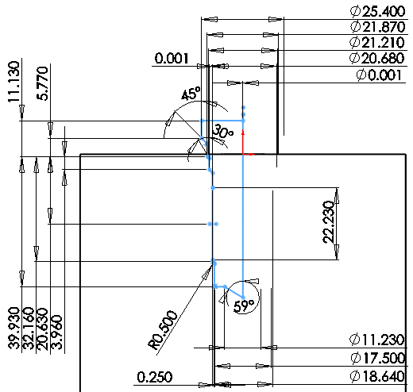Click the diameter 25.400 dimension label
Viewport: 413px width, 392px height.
[378, 11]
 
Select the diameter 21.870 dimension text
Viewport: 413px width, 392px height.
[378, 27]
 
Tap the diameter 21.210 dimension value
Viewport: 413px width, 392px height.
[377, 42]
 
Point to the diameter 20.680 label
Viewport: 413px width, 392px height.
[377, 58]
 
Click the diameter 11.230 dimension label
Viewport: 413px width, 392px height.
[377, 340]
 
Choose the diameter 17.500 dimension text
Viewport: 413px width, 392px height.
[378, 358]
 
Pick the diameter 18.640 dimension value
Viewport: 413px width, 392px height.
[377, 376]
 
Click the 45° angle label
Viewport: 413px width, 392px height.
[191, 94]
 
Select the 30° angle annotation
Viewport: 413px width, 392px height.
[223, 132]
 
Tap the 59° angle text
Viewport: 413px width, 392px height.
[244, 306]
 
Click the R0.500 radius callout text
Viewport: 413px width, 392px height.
[163, 329]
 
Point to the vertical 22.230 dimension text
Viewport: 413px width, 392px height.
[329, 222]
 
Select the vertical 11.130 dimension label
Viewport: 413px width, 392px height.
[14, 82]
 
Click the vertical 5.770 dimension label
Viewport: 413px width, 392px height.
[42, 83]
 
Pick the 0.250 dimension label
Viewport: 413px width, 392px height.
[155, 377]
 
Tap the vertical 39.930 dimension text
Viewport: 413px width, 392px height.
[14, 328]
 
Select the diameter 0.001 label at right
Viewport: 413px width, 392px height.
[379, 75]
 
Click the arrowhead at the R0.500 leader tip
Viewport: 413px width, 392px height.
[207, 273]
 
